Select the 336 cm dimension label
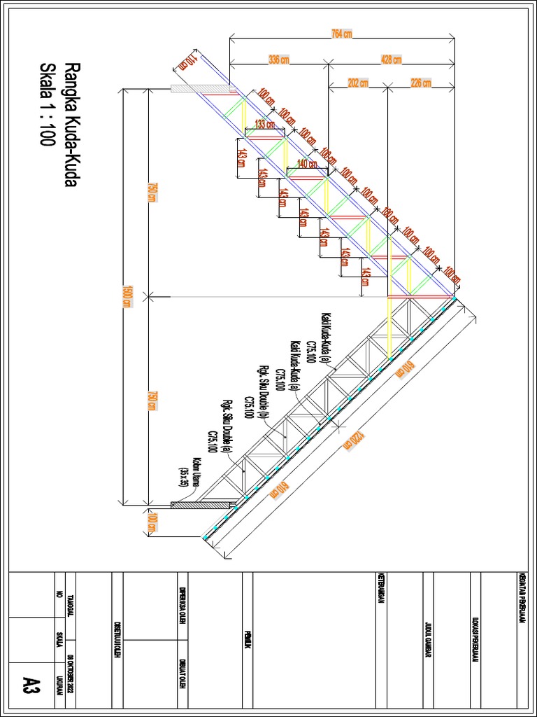coord(279,60)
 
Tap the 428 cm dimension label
coord(391,60)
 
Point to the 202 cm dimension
coord(357,83)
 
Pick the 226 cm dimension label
coord(420,83)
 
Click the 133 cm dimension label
coord(264,124)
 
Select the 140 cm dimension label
coord(306,164)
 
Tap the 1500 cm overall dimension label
coord(127,296)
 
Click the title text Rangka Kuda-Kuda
coord(70,125)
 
